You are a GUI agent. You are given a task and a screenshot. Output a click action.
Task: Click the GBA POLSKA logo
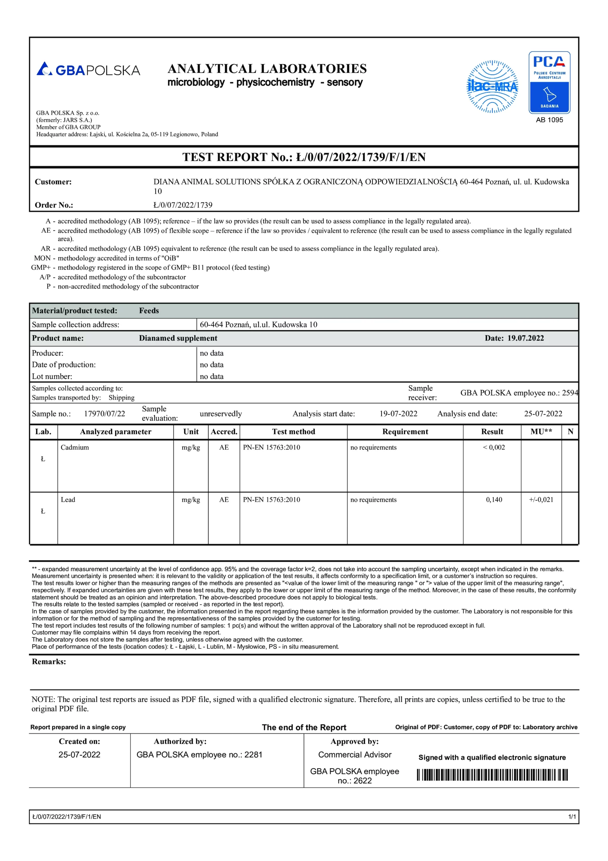(x=88, y=69)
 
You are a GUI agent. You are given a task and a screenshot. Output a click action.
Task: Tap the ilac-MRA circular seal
(x=492, y=87)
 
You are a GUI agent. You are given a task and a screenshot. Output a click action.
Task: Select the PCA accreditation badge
(x=549, y=82)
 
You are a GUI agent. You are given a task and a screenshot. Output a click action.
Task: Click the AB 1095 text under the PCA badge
(x=549, y=120)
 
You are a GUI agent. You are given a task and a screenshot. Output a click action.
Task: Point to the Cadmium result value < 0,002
(x=494, y=447)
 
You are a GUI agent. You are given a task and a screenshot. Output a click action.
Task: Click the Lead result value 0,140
(x=494, y=499)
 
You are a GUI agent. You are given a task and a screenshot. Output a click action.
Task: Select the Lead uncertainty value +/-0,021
(x=541, y=499)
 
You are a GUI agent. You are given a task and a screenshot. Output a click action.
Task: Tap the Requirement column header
(x=405, y=432)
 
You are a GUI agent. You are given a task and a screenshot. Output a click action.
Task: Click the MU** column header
(x=541, y=432)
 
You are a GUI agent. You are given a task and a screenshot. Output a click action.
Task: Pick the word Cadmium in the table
(x=75, y=447)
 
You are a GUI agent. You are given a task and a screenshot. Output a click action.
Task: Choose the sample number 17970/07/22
(x=104, y=414)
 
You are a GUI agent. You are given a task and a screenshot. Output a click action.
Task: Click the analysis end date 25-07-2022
(x=543, y=414)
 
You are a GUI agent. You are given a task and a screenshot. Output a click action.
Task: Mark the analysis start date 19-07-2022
(x=398, y=414)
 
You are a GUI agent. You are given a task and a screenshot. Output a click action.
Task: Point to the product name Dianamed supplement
(x=178, y=338)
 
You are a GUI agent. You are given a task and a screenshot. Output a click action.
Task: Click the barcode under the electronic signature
(x=492, y=775)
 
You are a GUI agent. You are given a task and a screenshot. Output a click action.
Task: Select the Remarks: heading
(x=49, y=662)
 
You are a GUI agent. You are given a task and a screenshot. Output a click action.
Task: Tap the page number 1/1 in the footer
(x=572, y=817)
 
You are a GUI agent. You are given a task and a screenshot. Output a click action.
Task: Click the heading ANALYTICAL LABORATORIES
(x=267, y=69)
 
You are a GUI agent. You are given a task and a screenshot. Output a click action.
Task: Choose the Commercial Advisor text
(x=355, y=754)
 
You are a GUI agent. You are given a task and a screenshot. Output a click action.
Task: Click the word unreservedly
(x=221, y=414)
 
